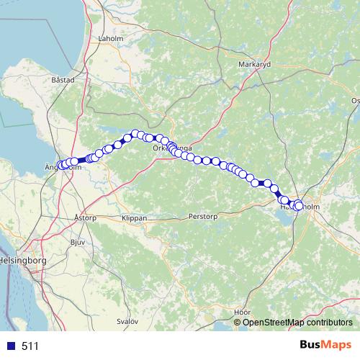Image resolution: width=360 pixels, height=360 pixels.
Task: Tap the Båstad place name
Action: click(63, 81)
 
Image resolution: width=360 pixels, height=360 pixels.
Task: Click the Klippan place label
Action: click(134, 217)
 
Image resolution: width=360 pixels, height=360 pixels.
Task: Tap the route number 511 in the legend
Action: click(30, 346)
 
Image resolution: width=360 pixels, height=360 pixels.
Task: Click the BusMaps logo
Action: click(325, 346)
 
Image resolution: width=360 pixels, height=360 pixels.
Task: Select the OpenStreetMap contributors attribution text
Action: click(297, 322)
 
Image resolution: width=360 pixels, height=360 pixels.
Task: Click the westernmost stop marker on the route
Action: click(61, 165)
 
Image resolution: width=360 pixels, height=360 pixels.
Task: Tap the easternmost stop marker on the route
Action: click(299, 207)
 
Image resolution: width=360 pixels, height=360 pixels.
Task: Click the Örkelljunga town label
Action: click(171, 148)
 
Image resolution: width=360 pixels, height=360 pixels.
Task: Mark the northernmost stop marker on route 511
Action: click(135, 133)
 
